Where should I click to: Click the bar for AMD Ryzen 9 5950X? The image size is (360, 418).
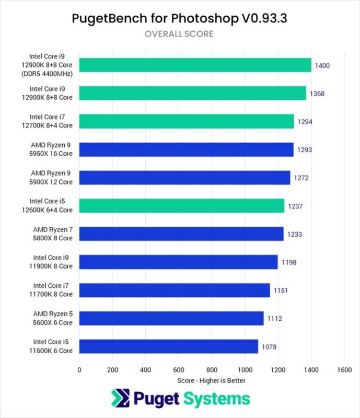coord(186,149)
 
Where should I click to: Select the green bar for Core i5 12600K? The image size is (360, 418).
coord(181,206)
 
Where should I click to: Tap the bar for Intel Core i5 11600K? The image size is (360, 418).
coord(168,346)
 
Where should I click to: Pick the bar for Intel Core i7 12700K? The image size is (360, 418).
coord(187,121)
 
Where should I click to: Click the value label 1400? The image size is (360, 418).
coord(322,65)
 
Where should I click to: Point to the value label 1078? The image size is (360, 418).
coord(269,347)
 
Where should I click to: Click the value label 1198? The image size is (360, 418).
coord(288,262)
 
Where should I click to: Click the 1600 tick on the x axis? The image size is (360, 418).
coord(344,369)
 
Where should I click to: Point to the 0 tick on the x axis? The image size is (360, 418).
coord(79,369)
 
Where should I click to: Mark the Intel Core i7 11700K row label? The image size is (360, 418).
coord(53,290)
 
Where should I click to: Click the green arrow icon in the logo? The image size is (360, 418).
coord(119,400)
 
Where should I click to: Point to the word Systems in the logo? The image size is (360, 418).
coord(216,400)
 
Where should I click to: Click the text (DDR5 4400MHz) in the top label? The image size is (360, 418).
coord(51,74)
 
